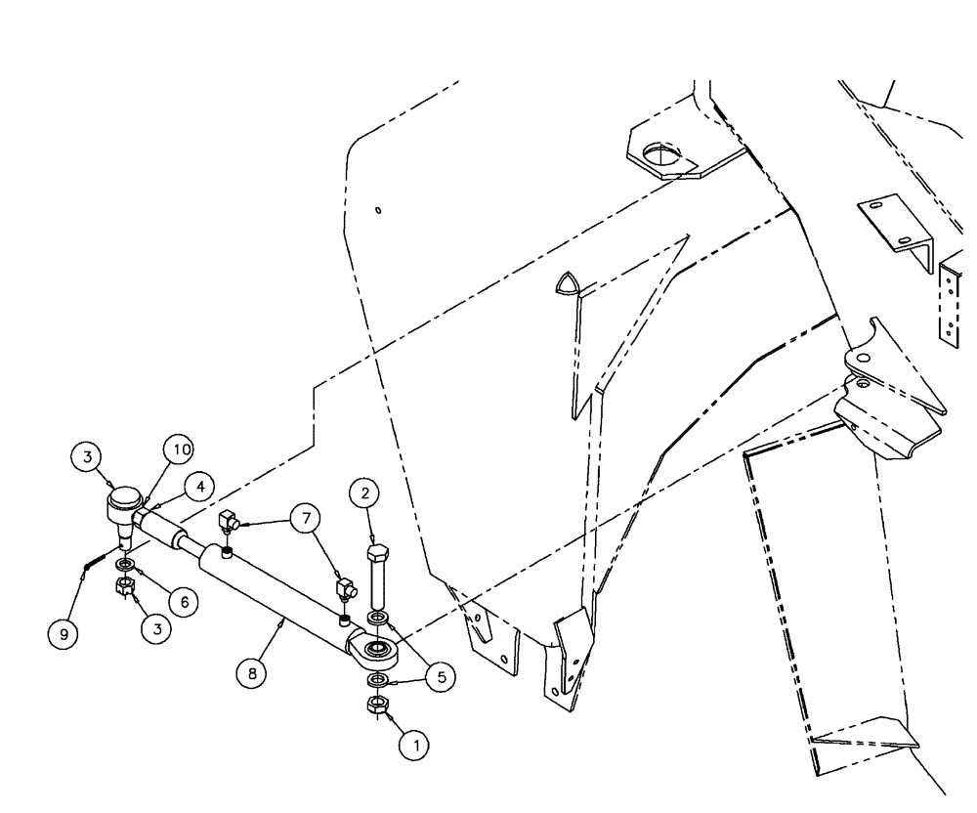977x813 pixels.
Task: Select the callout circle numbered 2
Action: [364, 494]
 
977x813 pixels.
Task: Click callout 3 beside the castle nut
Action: [154, 630]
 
